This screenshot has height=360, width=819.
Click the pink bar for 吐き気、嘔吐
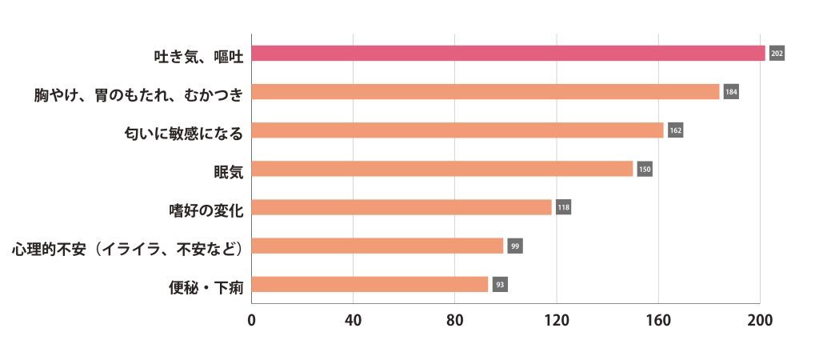508,54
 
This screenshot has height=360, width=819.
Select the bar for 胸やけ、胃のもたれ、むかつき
485,92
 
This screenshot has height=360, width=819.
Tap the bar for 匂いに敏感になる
457,130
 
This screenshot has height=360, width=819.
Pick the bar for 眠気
442,169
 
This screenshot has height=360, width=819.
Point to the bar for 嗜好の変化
402,207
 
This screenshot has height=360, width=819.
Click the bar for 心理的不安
378,246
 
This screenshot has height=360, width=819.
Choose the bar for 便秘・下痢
370,284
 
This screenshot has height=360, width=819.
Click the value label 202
777,54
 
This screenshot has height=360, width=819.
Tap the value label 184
731,92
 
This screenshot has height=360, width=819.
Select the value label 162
675,130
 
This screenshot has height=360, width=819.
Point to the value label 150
645,169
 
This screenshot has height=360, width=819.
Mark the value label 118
563,207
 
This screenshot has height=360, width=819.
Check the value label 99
514,246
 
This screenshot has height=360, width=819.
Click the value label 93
500,284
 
